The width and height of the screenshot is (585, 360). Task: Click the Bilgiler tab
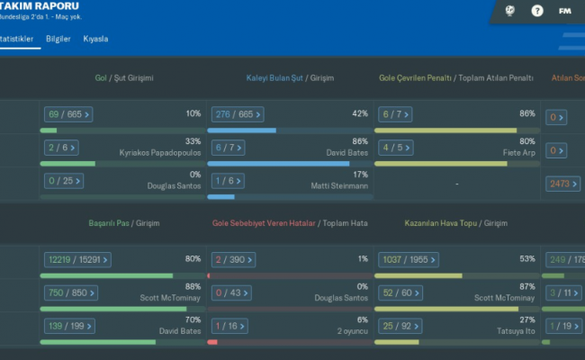pyautogui.click(x=58, y=39)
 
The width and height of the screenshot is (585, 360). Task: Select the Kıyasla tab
pyautogui.click(x=95, y=39)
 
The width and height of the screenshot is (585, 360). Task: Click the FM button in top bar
pyautogui.click(x=564, y=11)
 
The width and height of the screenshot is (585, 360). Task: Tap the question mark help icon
pyautogui.click(x=537, y=11)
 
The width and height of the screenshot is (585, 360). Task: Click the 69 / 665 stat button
pyautogui.click(x=67, y=114)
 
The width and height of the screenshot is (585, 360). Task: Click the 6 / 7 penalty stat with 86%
pyautogui.click(x=392, y=114)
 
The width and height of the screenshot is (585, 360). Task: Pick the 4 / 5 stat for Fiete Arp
pyautogui.click(x=392, y=148)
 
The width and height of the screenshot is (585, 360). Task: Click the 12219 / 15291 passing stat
pyautogui.click(x=77, y=260)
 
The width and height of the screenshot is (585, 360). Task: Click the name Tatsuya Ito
pyautogui.click(x=516, y=330)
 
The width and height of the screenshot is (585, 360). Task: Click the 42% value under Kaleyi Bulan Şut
pyautogui.click(x=360, y=113)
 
